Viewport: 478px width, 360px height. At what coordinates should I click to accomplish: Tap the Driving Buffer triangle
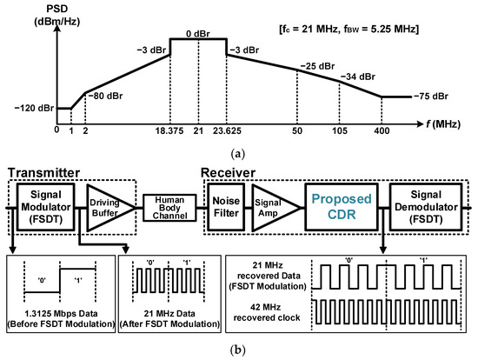tap(108, 207)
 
